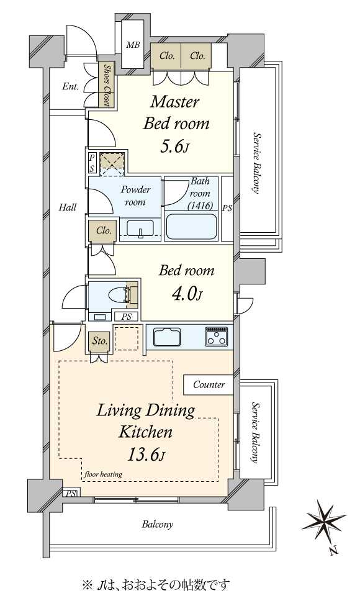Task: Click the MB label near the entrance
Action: (x=133, y=45)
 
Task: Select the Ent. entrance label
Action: (x=71, y=86)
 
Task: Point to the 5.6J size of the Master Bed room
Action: (x=174, y=147)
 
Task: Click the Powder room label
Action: (x=135, y=196)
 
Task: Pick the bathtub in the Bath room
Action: (x=191, y=227)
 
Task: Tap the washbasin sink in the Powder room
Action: (x=140, y=227)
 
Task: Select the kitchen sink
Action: (x=167, y=337)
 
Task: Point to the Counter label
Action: (x=209, y=385)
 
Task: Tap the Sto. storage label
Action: (x=100, y=342)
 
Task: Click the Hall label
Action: (x=68, y=207)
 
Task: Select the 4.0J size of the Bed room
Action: (x=187, y=296)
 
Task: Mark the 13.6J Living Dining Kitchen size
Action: (x=146, y=455)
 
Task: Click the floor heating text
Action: (x=103, y=474)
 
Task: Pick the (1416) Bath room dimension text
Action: (x=200, y=206)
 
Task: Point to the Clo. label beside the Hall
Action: (x=104, y=231)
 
